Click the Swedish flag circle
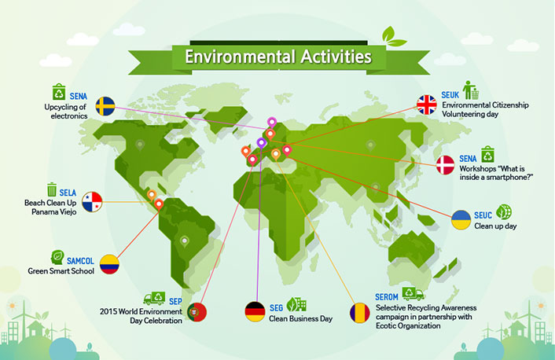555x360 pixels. (x=105, y=106)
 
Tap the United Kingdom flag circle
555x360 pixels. (x=427, y=105)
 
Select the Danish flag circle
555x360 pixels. (x=445, y=165)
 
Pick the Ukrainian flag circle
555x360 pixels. (x=461, y=220)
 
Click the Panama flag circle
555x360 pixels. (x=92, y=202)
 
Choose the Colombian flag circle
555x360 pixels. (x=109, y=264)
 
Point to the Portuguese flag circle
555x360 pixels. (x=197, y=312)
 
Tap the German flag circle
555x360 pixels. (x=255, y=311)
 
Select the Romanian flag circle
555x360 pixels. (x=359, y=313)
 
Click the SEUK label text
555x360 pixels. (x=450, y=95)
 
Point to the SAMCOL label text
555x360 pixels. (x=80, y=261)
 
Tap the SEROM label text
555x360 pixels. (x=387, y=297)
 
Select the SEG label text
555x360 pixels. (x=276, y=308)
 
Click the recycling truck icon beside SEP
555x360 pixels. (x=154, y=299)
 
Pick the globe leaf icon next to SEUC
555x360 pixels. (x=504, y=211)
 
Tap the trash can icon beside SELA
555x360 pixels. (x=52, y=189)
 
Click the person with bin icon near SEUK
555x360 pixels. (x=471, y=90)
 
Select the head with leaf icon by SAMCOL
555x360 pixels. (x=57, y=257)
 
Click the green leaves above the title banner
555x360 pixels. (x=393, y=37)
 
